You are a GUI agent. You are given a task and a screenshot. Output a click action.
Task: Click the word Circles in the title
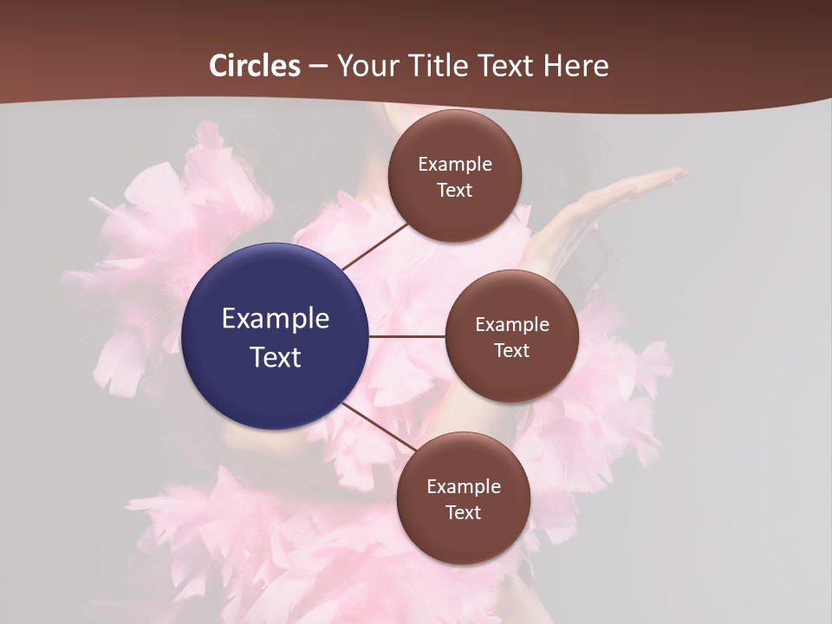click(255, 66)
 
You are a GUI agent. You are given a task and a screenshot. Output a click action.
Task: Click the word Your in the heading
click(367, 66)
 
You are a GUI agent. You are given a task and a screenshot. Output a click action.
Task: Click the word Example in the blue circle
click(276, 319)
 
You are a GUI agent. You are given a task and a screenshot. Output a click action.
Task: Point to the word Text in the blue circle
click(276, 357)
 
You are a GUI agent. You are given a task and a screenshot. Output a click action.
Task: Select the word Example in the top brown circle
click(455, 165)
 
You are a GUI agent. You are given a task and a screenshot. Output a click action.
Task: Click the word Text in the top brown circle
click(455, 190)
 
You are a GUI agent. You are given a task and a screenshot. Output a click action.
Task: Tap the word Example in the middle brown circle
click(512, 325)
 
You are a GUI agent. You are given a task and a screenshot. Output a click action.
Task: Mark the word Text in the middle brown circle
click(512, 350)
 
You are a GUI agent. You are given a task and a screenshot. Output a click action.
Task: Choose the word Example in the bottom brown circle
click(464, 487)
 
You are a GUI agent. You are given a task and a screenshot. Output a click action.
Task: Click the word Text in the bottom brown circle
click(464, 512)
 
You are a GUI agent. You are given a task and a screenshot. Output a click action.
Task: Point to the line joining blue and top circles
click(374, 246)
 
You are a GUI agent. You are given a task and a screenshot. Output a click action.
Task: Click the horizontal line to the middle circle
click(407, 335)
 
